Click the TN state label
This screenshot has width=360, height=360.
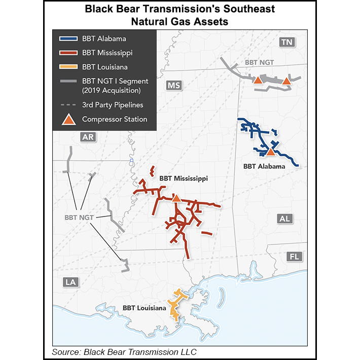pyautogui.click(x=287, y=43)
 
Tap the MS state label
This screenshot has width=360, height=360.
pyautogui.click(x=173, y=86)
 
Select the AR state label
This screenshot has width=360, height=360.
pyautogui.click(x=88, y=137)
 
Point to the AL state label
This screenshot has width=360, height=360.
pyautogui.click(x=284, y=219)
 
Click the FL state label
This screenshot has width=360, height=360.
pyautogui.click(x=294, y=257)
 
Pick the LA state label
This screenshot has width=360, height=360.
pyautogui.click(x=70, y=282)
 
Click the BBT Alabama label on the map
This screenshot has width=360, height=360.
pyautogui.click(x=264, y=166)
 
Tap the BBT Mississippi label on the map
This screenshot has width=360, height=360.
pyautogui.click(x=183, y=178)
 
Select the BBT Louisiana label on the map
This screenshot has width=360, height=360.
pyautogui.click(x=144, y=308)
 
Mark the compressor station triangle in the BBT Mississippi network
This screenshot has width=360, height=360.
pyautogui.click(x=176, y=198)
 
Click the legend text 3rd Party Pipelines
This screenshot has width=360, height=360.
pyautogui.click(x=113, y=105)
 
